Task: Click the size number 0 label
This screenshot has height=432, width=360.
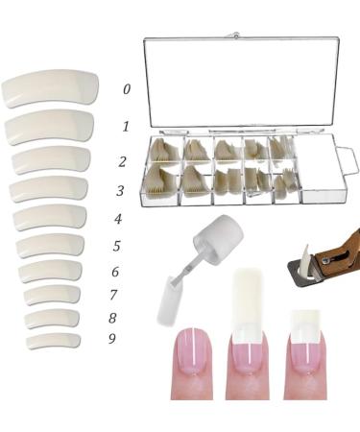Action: (x=127, y=89)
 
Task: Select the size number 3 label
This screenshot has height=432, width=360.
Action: (x=119, y=191)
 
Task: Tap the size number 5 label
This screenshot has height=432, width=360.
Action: (x=116, y=247)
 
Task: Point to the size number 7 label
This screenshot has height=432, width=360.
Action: (x=113, y=295)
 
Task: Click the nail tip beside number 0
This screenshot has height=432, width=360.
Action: (x=49, y=88)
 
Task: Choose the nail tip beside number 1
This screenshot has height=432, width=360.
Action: (x=51, y=127)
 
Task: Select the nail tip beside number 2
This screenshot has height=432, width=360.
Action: (x=51, y=159)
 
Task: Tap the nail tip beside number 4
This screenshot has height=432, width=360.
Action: (x=50, y=217)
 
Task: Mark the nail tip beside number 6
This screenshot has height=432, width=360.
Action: (x=50, y=272)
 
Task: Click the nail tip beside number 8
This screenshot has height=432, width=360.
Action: (x=52, y=318)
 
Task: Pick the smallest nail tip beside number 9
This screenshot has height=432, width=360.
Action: (x=53, y=340)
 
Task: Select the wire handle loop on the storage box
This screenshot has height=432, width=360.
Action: (x=349, y=163)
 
